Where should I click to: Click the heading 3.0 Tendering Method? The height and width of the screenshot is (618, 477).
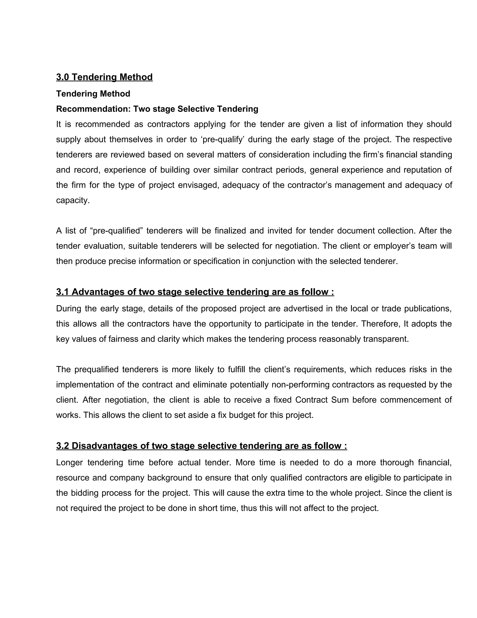(104, 77)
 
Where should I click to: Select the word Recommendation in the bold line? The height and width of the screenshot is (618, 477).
(93, 109)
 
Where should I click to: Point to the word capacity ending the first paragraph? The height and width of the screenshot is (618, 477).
(73, 200)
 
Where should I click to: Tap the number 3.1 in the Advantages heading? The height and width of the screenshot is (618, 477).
(62, 292)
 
